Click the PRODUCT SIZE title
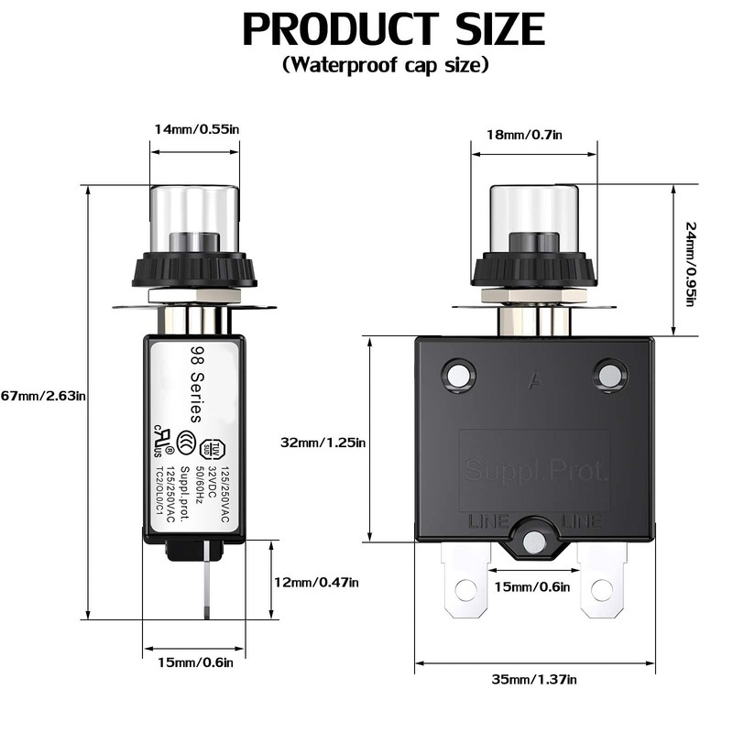point(393,29)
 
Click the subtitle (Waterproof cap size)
point(386,66)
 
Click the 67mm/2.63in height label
point(43,396)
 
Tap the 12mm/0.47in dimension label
point(317,582)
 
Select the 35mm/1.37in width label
point(534,679)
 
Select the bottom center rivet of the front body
point(533,543)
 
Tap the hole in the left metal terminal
point(465,589)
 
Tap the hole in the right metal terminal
point(601,589)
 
